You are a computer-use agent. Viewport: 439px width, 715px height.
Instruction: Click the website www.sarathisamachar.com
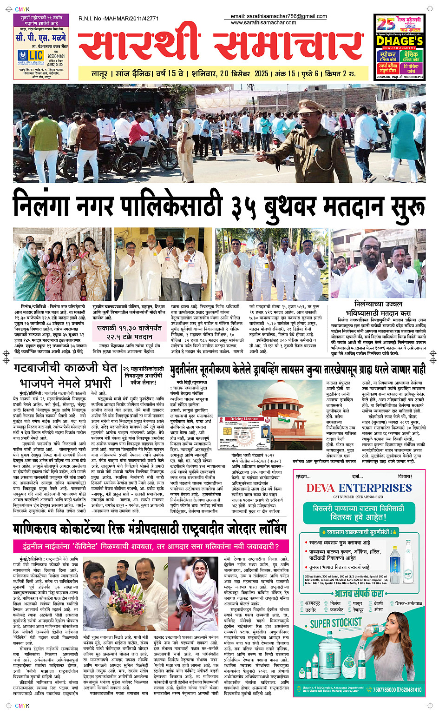point(263,22)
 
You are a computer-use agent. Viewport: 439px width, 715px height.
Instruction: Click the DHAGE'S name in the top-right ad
point(399,41)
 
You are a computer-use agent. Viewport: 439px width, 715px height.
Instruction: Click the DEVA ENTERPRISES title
point(359,488)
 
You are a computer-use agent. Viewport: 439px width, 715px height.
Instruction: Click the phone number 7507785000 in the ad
point(385,689)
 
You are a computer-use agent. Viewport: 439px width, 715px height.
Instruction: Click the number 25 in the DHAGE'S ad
point(385,24)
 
